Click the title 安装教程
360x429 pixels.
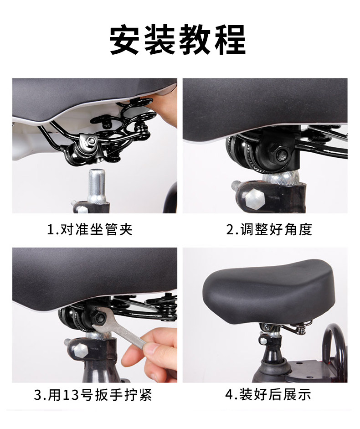178,40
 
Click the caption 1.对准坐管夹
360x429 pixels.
90,229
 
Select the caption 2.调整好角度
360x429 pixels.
269,229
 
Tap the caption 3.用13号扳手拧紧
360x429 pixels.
93,394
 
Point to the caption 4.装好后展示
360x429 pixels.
268,394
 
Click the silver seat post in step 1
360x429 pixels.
97,186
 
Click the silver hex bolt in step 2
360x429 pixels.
255,198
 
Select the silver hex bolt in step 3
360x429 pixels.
80,351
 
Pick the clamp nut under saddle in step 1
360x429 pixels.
91,141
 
